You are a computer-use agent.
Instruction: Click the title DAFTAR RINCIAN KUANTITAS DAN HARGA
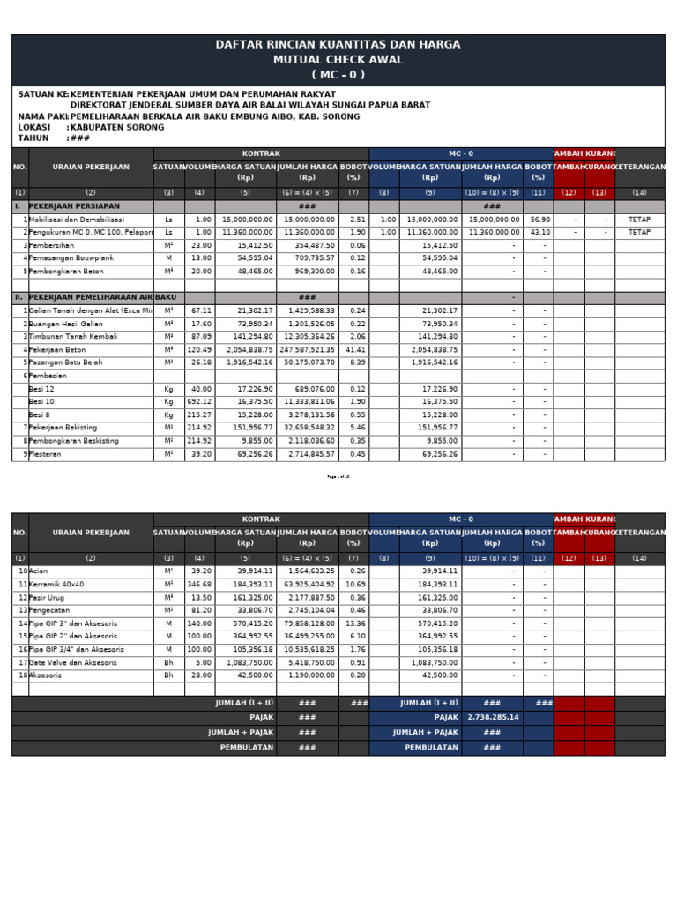click(338, 45)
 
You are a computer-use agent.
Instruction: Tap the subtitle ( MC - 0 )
click(338, 75)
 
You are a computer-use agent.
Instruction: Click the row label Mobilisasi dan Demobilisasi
click(78, 220)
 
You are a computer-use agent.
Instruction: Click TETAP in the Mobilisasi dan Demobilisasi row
click(639, 220)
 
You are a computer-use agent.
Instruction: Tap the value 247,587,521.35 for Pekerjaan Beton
click(308, 350)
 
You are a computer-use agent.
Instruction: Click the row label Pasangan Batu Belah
click(67, 362)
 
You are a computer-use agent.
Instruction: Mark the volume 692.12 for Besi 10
click(200, 402)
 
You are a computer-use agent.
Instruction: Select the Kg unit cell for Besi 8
click(168, 415)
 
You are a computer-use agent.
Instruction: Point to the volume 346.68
click(200, 585)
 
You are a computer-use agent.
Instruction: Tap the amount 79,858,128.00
click(309, 623)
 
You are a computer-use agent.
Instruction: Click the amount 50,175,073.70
click(309, 362)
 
